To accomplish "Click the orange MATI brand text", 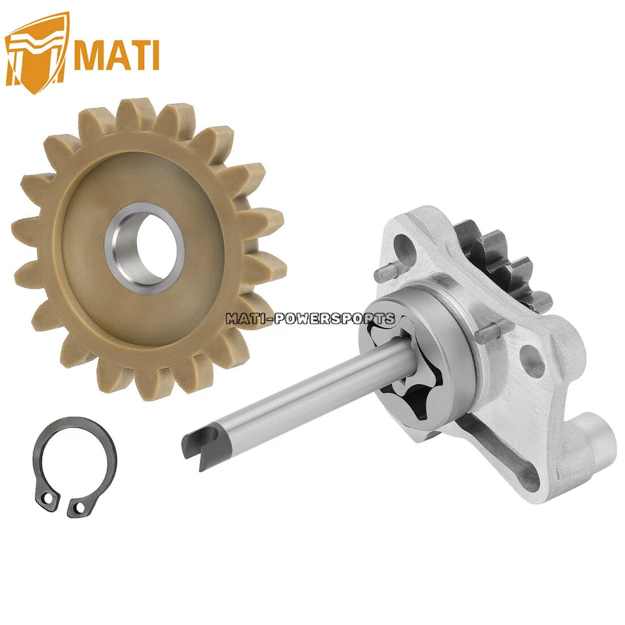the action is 117,54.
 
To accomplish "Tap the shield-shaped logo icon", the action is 36,53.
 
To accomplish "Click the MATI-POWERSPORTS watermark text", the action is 311,318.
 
